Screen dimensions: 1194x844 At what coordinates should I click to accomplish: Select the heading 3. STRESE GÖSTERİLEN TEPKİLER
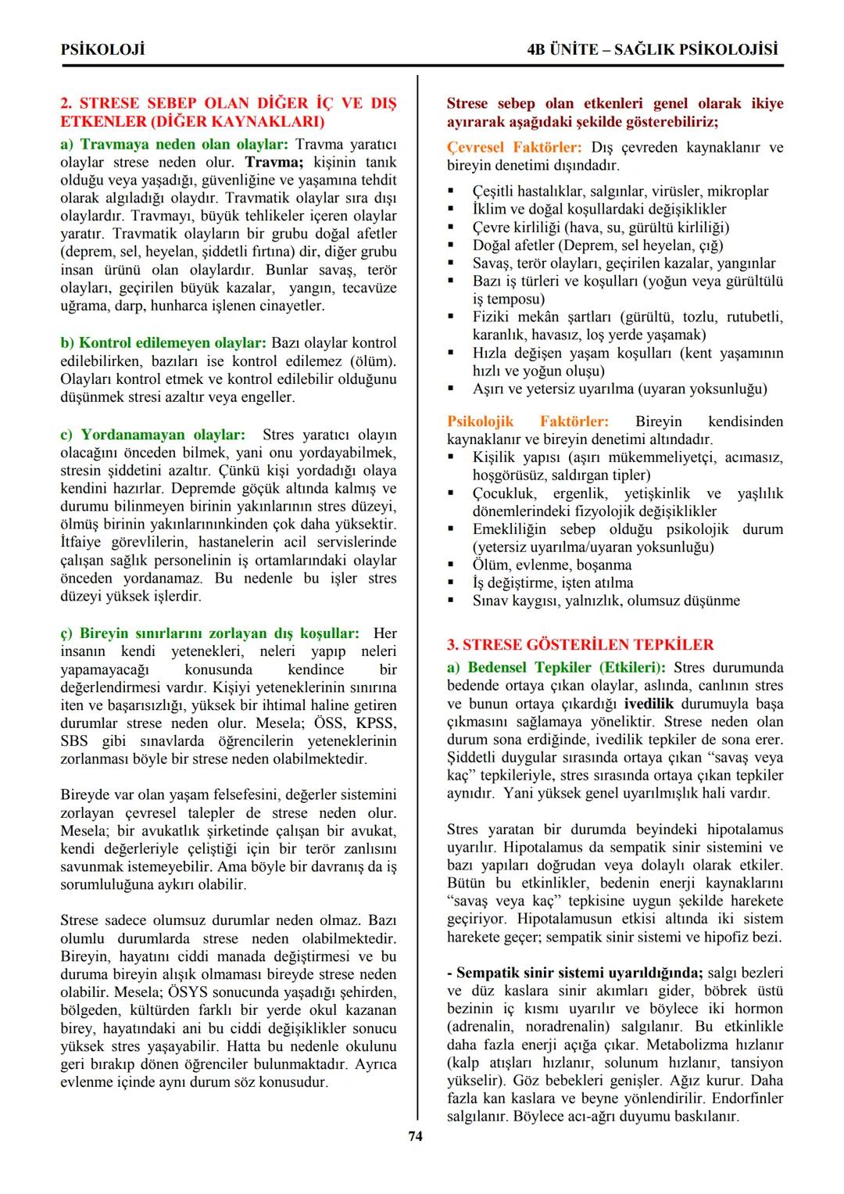click(580, 645)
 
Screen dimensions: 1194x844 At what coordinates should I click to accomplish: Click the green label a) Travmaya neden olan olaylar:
click(174, 145)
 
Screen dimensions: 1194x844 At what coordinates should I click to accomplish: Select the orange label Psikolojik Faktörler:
click(527, 422)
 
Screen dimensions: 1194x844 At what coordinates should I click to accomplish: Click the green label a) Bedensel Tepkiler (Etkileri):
click(556, 668)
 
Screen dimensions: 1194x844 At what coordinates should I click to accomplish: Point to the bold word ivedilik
click(648, 704)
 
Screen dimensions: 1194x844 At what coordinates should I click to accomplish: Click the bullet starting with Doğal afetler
click(597, 246)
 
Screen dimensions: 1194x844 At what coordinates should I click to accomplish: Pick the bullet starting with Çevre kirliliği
click(600, 228)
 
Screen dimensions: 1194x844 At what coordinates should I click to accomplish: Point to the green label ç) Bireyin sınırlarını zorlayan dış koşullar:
click(209, 633)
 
